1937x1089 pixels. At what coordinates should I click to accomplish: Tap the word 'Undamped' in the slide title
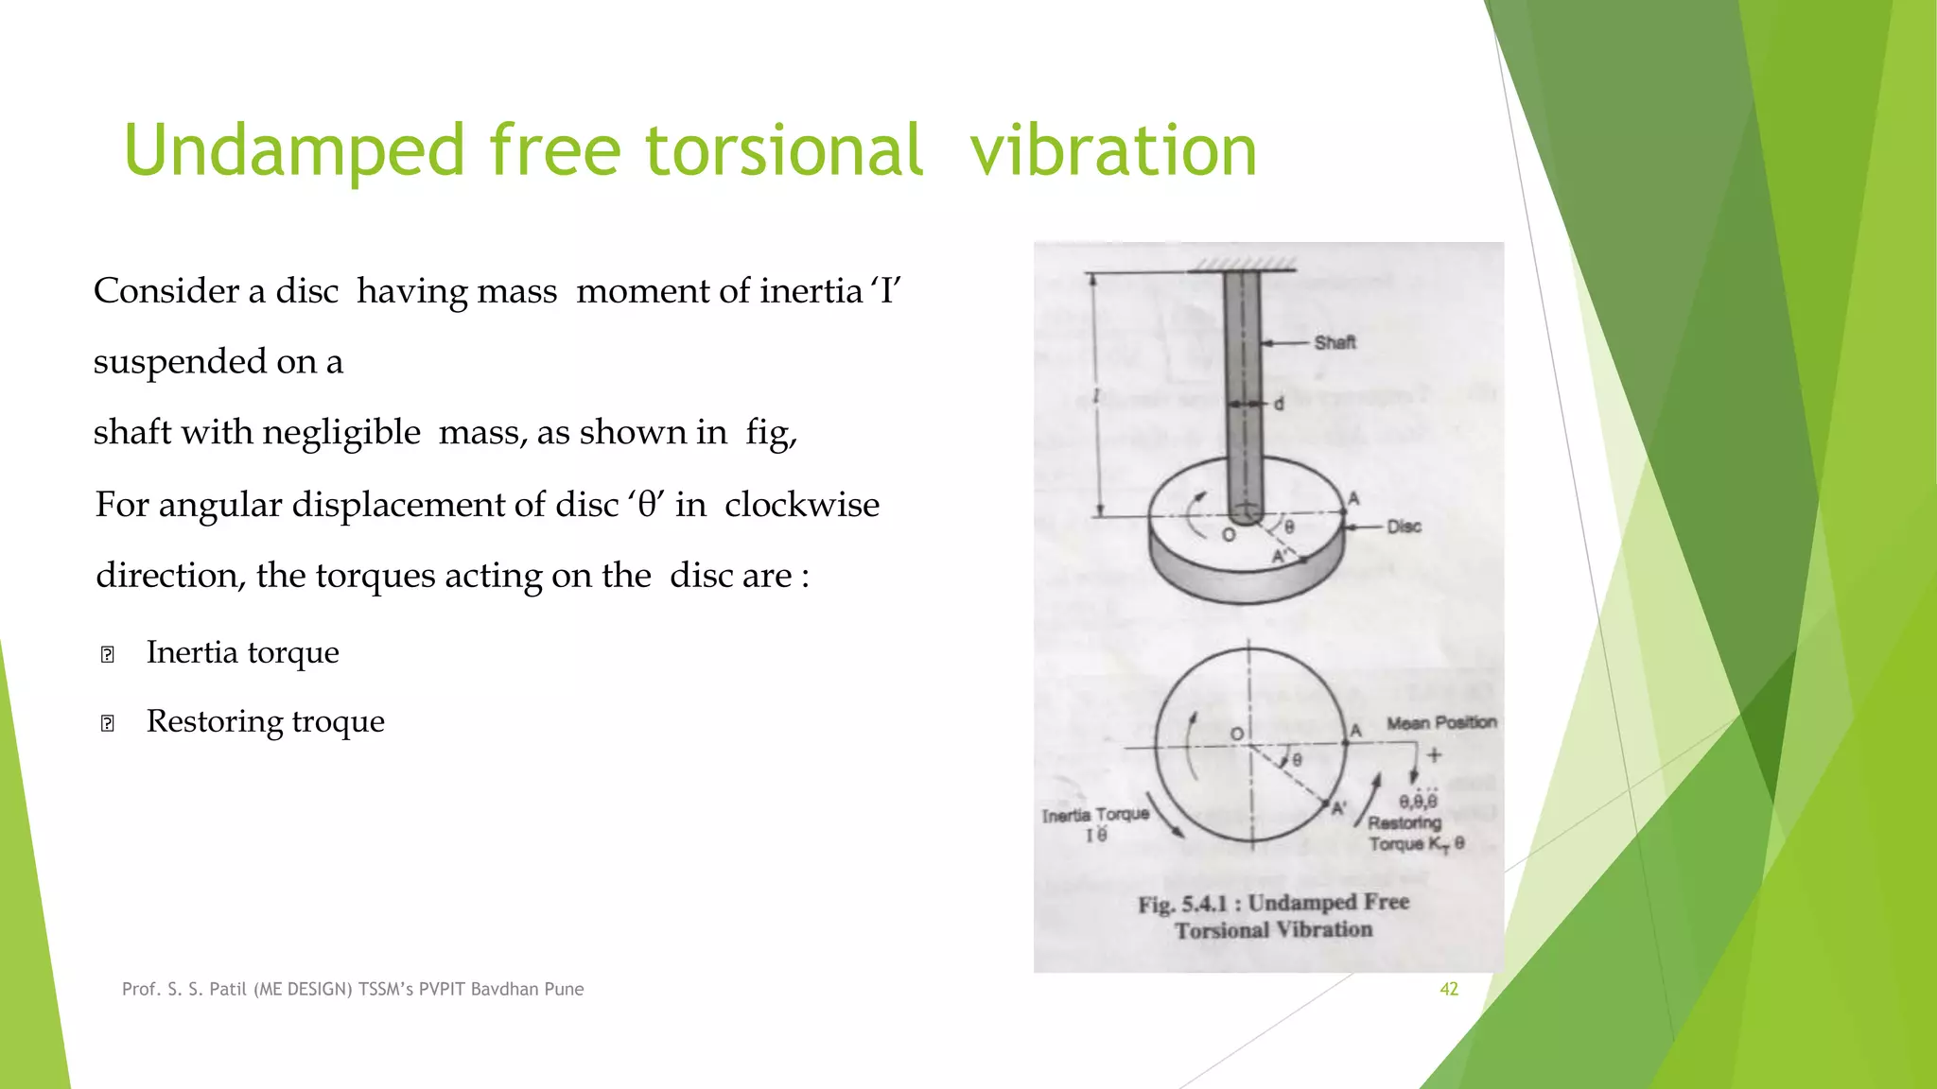click(294, 150)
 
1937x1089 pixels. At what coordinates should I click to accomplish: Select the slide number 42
click(1448, 989)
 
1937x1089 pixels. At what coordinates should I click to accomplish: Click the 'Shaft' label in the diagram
click(1335, 342)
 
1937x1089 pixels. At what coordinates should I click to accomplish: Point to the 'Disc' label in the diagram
click(1404, 527)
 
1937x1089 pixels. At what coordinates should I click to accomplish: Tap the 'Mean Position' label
click(1441, 723)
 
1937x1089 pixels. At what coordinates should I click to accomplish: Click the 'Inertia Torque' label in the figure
click(1095, 815)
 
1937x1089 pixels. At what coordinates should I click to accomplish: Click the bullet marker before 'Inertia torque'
click(107, 654)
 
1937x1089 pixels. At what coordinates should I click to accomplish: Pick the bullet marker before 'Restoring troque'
click(107, 723)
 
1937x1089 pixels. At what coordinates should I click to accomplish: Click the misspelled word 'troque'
click(338, 721)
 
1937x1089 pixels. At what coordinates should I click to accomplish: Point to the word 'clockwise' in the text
click(802, 505)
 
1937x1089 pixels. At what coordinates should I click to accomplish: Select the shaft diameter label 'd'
click(1279, 404)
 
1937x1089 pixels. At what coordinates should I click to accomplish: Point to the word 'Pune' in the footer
click(565, 989)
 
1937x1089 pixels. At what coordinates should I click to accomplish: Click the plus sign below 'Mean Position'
click(1434, 754)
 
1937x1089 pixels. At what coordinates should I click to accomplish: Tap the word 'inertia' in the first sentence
click(811, 291)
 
